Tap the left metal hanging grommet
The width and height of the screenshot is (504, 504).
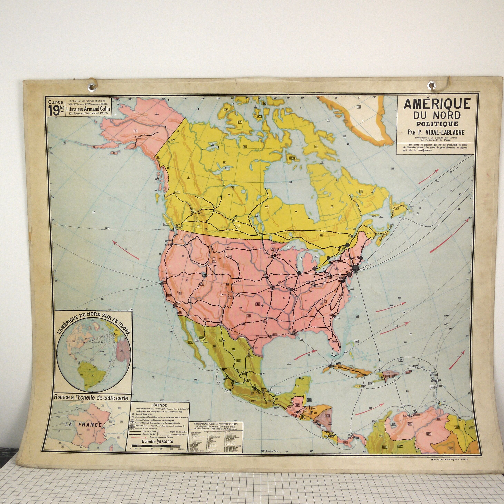pyautogui.click(x=92, y=87)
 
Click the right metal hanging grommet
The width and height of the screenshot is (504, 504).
pyautogui.click(x=431, y=86)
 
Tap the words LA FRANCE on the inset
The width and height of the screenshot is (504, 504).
pyautogui.click(x=84, y=425)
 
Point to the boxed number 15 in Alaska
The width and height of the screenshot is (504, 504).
pyautogui.click(x=135, y=130)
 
